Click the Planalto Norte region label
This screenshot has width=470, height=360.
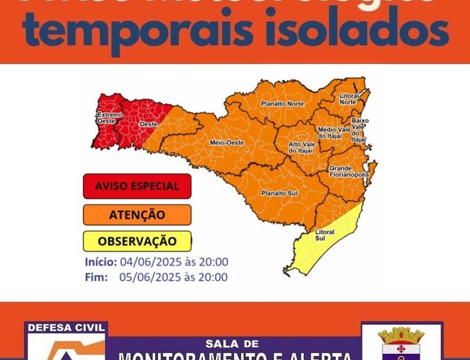282,103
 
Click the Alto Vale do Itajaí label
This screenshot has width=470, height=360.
301,147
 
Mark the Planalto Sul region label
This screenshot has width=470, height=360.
278,193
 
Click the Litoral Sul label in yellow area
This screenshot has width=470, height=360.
324,236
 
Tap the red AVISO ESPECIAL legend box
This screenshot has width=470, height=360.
137,186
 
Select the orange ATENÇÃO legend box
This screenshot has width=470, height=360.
137,215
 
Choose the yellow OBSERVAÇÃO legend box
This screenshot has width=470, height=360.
137,241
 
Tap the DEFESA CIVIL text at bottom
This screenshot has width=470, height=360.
66,328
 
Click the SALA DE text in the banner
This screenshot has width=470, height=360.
234,343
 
